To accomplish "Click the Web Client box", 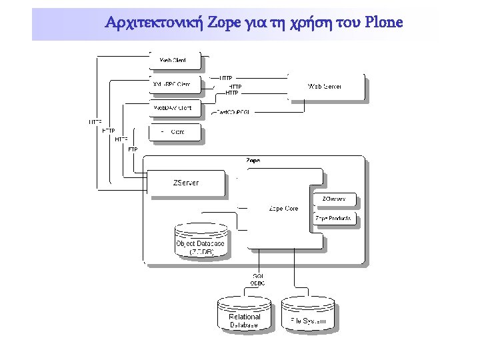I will point(175,61).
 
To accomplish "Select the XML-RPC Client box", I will point(175,84).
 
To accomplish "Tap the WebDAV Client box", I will point(175,107).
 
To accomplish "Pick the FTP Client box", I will point(175,131).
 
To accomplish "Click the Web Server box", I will point(326,87).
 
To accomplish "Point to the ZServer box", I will point(186,183).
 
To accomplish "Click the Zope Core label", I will point(283,209).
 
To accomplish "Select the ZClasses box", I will point(334,199).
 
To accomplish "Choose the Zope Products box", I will point(334,218).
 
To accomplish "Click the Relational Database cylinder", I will point(244,317).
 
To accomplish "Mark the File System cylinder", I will point(307,317).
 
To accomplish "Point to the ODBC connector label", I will point(257,283).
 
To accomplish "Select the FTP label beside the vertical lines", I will point(133,149).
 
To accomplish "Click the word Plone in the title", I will point(384,23).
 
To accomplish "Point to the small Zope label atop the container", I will point(253,161).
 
